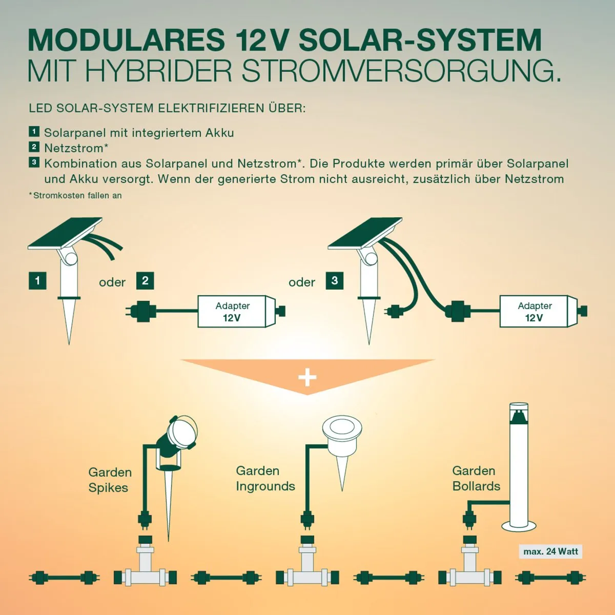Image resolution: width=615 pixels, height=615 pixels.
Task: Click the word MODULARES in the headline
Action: (x=126, y=40)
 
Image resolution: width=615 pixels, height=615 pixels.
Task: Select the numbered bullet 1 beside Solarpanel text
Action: (x=34, y=132)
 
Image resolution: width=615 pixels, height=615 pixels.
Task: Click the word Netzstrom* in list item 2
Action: (x=76, y=148)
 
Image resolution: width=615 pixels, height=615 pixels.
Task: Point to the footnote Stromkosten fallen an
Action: (x=76, y=195)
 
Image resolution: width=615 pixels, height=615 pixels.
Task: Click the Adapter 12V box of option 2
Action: (x=233, y=311)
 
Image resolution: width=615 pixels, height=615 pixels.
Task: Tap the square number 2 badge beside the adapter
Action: (x=145, y=281)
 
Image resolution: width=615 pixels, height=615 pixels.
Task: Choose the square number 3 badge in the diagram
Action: (x=335, y=281)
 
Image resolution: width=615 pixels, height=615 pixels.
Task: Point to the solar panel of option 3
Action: (x=365, y=233)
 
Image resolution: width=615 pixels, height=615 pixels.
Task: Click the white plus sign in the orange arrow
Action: (x=307, y=378)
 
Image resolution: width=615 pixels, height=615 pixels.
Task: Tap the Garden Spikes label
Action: (x=110, y=480)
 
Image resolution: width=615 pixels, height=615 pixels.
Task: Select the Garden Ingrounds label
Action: (x=265, y=478)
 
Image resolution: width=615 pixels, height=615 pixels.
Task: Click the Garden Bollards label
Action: (x=476, y=478)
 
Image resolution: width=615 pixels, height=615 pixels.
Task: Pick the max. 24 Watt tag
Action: (x=551, y=551)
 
